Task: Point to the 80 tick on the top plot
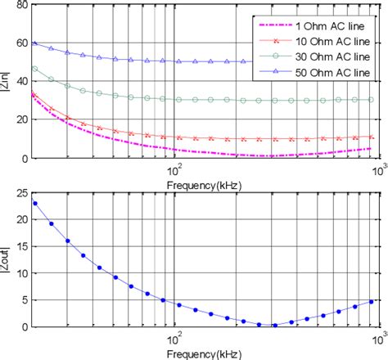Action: click(21, 5)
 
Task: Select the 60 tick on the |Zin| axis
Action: click(21, 43)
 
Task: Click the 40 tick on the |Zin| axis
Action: click(21, 82)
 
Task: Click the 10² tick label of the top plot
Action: click(174, 170)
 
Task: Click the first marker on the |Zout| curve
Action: click(35, 203)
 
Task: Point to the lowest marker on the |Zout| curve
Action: click(274, 324)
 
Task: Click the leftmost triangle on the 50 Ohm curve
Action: click(34, 43)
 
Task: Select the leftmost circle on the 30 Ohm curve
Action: click(34, 69)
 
